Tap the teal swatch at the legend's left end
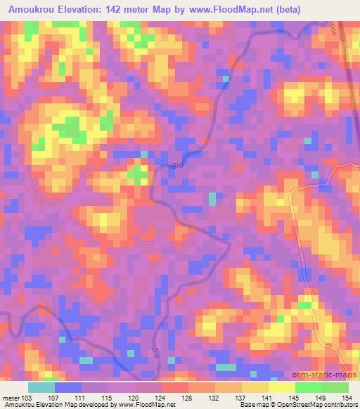point(41,387)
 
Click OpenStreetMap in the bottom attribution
point(304,405)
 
